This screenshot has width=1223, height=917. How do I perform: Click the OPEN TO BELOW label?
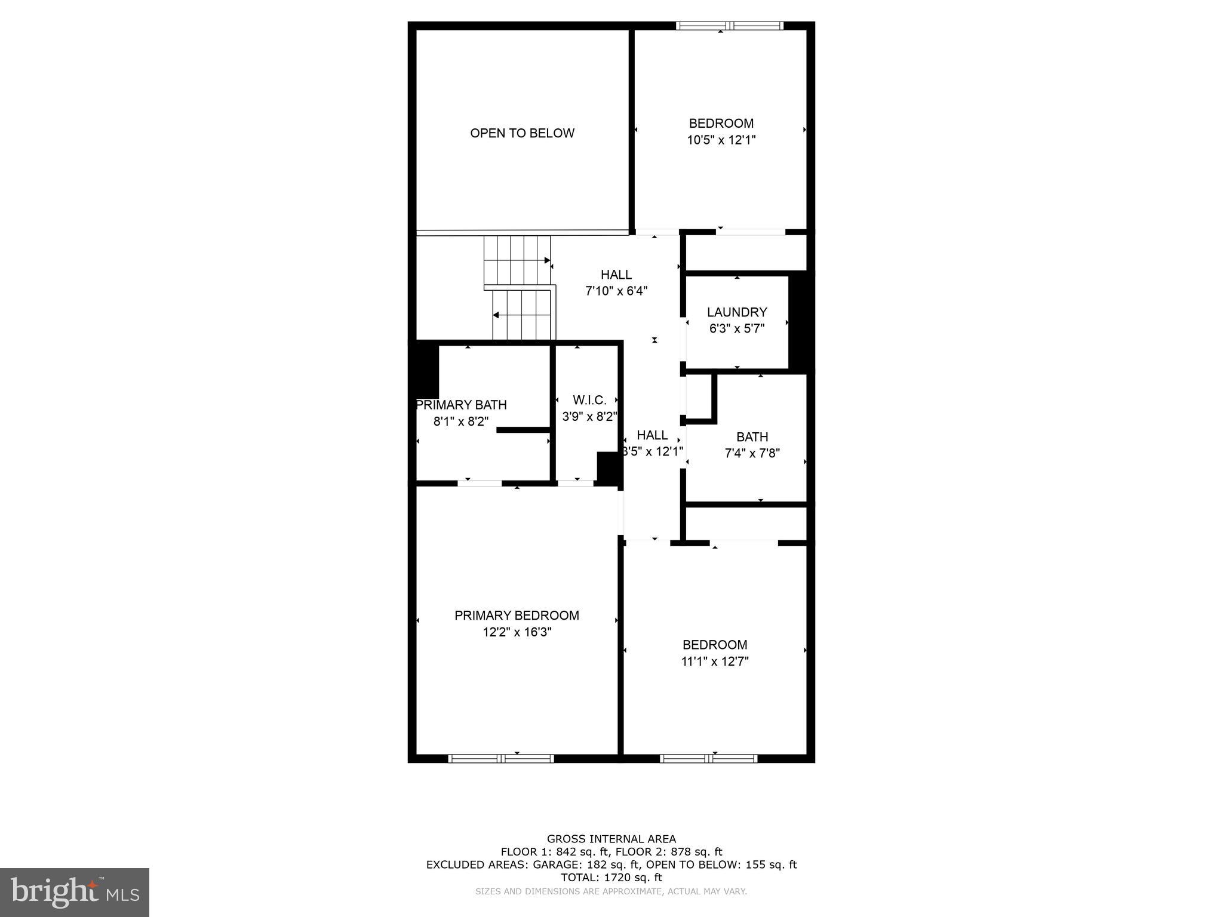coord(522,133)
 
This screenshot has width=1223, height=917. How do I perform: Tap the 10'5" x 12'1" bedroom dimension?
coord(721,140)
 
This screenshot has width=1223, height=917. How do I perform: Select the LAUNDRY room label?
coord(737,312)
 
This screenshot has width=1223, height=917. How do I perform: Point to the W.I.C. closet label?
coord(589,400)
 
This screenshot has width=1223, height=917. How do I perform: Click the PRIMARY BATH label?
coord(462,405)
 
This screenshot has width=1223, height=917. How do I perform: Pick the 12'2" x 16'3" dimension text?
coord(517,632)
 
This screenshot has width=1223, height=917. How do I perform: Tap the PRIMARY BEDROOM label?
coord(517,616)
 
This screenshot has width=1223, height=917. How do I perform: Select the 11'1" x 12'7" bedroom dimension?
coord(715,661)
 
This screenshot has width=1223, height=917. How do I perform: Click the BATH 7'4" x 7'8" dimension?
coord(752,453)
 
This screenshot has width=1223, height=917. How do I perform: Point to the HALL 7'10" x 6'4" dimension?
coord(616,291)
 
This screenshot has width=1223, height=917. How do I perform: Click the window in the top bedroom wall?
coord(729,26)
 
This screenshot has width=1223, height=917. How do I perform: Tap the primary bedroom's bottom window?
coord(501,758)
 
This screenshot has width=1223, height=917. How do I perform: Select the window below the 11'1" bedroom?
coord(708,758)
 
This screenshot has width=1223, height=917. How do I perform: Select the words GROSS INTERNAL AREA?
coord(611,839)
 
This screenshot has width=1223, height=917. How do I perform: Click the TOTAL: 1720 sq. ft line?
coord(611,877)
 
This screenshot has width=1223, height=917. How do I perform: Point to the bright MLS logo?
coord(75,892)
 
